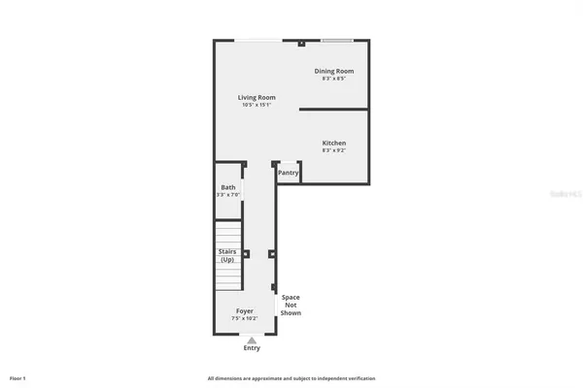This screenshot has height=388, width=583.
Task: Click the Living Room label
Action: [257, 97]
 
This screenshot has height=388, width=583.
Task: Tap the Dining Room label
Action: [333, 71]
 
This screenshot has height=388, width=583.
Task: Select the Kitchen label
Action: [333, 143]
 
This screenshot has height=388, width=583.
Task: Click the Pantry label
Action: [289, 173]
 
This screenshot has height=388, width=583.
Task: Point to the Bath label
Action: [227, 187]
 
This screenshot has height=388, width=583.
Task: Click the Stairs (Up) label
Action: [227, 255]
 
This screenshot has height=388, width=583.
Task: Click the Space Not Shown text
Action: [291, 306]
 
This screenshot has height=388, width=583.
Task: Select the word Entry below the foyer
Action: [252, 347]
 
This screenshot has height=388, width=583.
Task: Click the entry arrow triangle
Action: [252, 339]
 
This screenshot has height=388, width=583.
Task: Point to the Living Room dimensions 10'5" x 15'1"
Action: [257, 105]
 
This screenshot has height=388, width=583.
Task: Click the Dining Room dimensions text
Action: [333, 79]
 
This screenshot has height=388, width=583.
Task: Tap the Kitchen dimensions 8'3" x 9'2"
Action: [333, 150]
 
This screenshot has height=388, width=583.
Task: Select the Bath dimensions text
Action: [227, 195]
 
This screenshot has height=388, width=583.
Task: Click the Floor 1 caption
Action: [17, 377]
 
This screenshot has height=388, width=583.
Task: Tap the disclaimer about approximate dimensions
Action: [291, 377]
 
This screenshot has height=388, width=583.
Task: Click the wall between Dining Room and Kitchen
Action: [333, 110]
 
